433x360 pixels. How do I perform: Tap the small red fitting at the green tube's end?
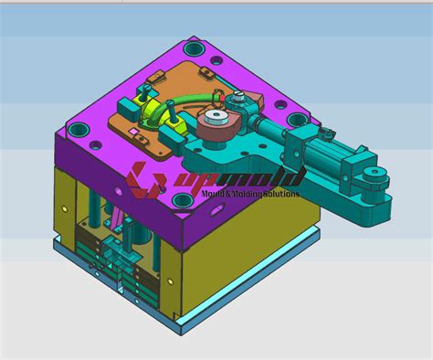point(169,108)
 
